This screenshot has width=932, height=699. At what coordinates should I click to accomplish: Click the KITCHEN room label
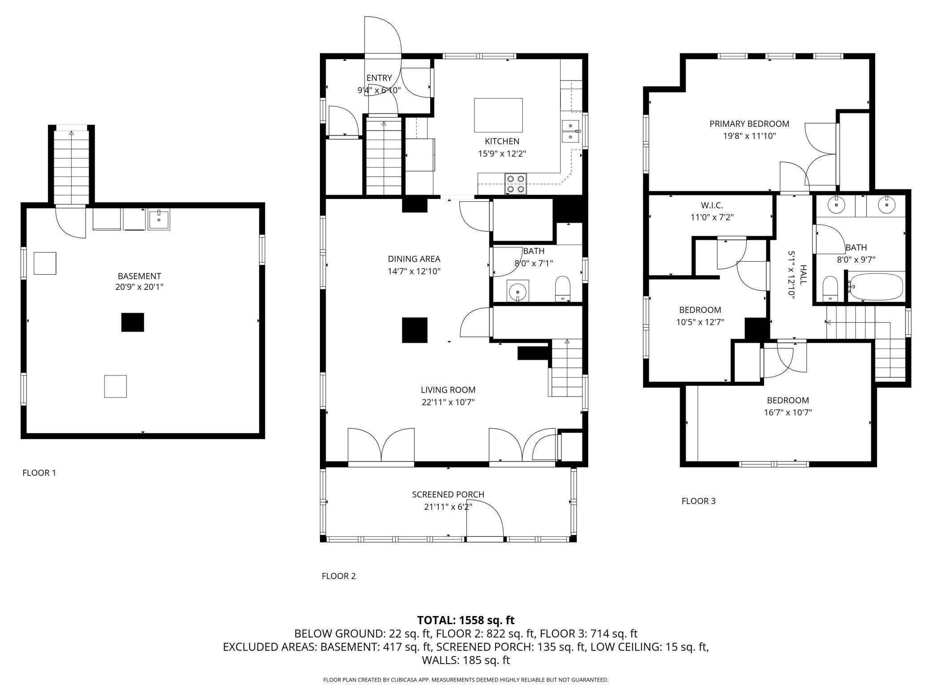pyautogui.click(x=502, y=141)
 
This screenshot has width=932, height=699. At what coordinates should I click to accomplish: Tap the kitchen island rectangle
pyautogui.click(x=498, y=115)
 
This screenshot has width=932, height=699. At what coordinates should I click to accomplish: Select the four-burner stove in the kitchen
pyautogui.click(x=516, y=184)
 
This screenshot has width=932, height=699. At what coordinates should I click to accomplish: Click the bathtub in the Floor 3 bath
pyautogui.click(x=876, y=287)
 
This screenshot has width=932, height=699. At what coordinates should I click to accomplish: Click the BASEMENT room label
pyautogui.click(x=139, y=276)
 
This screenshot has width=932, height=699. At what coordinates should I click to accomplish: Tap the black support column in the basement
pyautogui.click(x=133, y=322)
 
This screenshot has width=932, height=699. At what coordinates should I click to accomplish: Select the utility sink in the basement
pyautogui.click(x=159, y=220)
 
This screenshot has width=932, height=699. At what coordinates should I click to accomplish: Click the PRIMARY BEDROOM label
pyautogui.click(x=749, y=124)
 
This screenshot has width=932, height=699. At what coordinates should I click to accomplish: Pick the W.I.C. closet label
pyautogui.click(x=712, y=206)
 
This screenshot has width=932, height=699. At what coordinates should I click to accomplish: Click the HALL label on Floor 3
pyautogui.click(x=803, y=274)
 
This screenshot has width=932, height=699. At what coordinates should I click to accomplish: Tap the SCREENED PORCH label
pyautogui.click(x=448, y=494)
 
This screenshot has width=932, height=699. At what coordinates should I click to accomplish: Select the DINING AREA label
pyautogui.click(x=414, y=259)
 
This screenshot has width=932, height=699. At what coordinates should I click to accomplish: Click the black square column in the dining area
pyautogui.click(x=414, y=330)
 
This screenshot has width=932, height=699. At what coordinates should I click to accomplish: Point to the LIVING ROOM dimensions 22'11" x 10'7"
pyautogui.click(x=448, y=402)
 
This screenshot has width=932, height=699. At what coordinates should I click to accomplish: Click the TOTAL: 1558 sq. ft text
pyautogui.click(x=466, y=620)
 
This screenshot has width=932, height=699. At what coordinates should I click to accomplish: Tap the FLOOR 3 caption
pyautogui.click(x=699, y=501)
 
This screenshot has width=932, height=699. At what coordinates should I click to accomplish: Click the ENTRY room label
pyautogui.click(x=379, y=78)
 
